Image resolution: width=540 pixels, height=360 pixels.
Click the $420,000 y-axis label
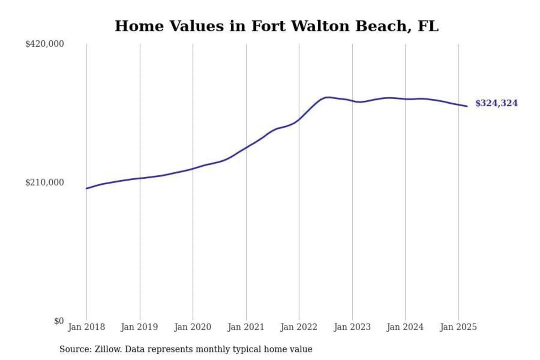tap(44, 44)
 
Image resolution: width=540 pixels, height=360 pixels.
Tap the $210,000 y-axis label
tap(44, 183)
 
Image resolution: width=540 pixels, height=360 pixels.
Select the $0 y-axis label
tap(58, 321)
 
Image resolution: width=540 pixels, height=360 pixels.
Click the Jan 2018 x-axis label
tap(86, 327)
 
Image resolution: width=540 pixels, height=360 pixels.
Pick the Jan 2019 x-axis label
tap(139, 327)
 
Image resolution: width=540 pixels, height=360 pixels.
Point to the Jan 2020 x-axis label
tap(193, 327)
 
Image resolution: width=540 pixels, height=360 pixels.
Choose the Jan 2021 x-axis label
tap(246, 327)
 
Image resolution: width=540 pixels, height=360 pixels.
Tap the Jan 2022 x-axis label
tap(299, 327)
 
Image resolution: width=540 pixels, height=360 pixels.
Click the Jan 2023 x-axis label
tap(352, 327)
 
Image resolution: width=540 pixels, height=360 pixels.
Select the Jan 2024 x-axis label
tap(405, 327)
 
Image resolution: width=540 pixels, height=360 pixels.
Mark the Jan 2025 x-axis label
tap(458, 327)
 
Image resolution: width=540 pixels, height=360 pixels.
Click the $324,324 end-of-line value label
tap(496, 103)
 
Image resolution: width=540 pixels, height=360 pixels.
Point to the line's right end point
tap(467, 106)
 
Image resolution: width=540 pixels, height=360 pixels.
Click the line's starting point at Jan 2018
tap(87, 188)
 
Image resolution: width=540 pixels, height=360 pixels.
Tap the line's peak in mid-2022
tap(328, 97)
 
